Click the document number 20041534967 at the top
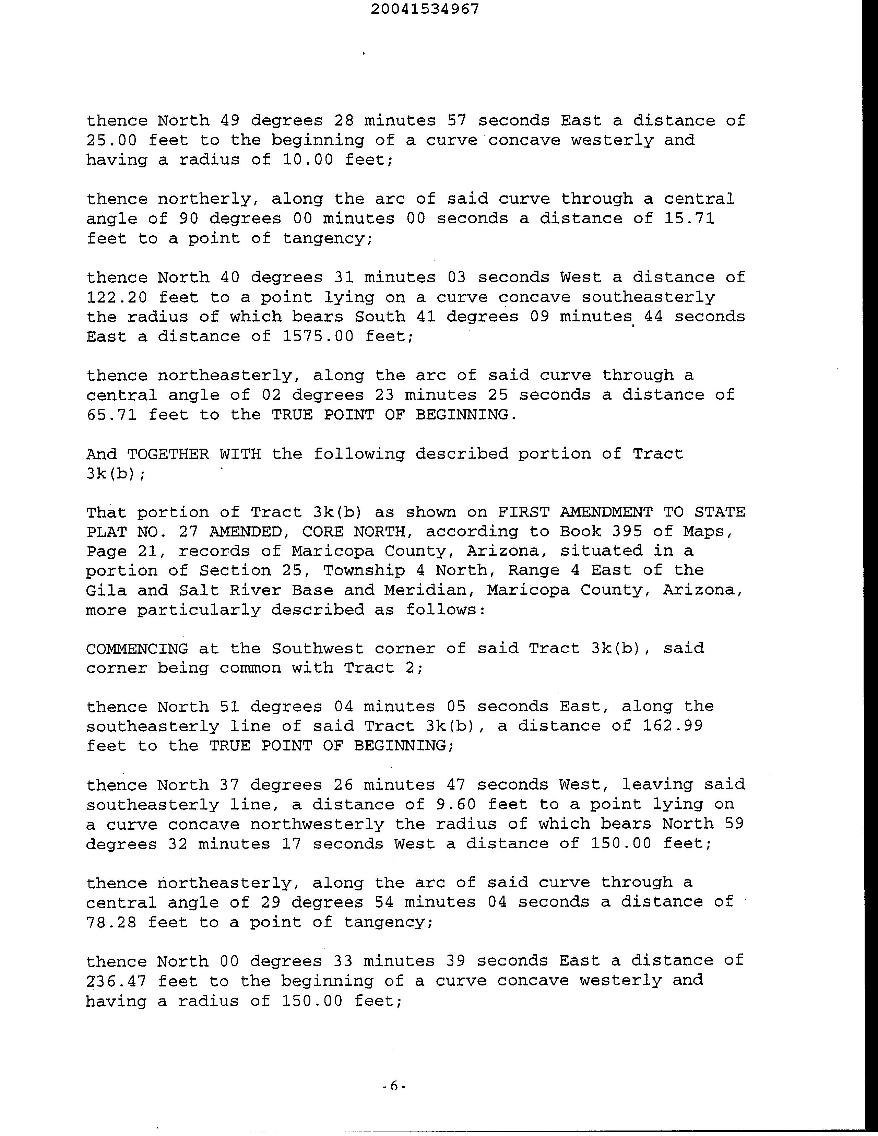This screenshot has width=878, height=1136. point(426,9)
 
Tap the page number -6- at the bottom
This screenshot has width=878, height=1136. point(393,1086)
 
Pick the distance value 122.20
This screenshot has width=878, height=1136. point(117,297)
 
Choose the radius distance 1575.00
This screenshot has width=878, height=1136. point(318,336)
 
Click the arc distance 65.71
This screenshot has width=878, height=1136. point(112,415)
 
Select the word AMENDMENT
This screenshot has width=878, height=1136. point(606,512)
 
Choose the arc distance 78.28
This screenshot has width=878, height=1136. point(112,922)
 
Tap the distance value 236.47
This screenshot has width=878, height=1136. point(117,981)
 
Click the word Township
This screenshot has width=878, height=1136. point(364,571)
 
